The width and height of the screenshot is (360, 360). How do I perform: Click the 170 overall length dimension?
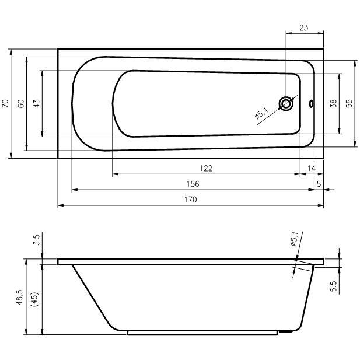tap(191, 200)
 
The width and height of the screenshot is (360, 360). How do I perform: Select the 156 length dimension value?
tap(193, 184)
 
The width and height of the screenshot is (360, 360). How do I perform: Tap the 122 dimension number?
tap(206, 169)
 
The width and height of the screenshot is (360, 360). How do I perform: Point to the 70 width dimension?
tap(5, 103)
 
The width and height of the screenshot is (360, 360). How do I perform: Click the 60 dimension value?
tap(20, 103)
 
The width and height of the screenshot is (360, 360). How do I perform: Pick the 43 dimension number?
tap(37, 103)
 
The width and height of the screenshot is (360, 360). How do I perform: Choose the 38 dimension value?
tap(333, 103)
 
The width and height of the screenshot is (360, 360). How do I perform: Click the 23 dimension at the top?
tap(303, 27)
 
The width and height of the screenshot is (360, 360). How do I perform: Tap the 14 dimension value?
tap(312, 168)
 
